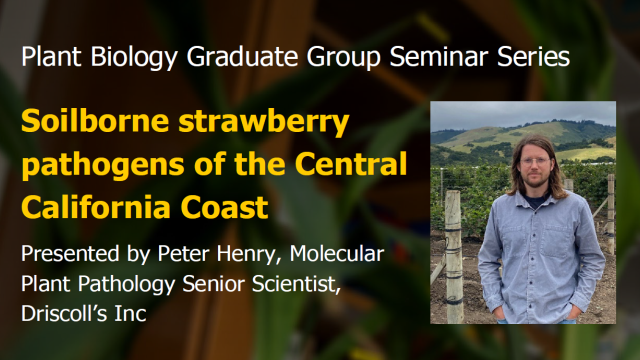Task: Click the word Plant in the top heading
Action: (51, 57)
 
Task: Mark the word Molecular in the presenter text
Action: (337, 254)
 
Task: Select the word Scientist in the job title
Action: (296, 284)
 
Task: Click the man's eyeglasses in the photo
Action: (535, 161)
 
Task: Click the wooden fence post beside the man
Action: (454, 255)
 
